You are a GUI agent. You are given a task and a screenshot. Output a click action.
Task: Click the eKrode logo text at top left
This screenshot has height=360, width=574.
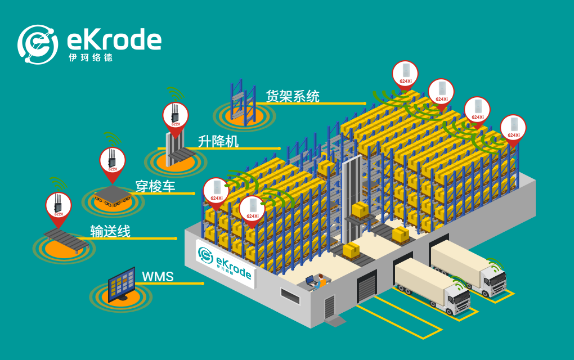point(114,40)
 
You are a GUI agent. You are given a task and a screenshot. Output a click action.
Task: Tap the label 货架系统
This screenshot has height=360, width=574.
point(292,96)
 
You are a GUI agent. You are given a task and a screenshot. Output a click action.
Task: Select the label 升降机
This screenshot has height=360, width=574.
point(218,141)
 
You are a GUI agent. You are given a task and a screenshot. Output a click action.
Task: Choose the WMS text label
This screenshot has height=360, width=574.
point(158,276)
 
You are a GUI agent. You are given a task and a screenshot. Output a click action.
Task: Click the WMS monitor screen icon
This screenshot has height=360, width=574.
point(122,283)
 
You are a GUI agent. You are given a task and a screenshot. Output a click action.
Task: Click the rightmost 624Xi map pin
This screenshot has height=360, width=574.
point(513,128)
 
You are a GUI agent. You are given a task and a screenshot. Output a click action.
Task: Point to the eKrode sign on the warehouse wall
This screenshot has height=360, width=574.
point(225,262)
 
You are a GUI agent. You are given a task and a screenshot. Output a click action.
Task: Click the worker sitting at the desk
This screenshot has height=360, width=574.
point(321,280)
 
